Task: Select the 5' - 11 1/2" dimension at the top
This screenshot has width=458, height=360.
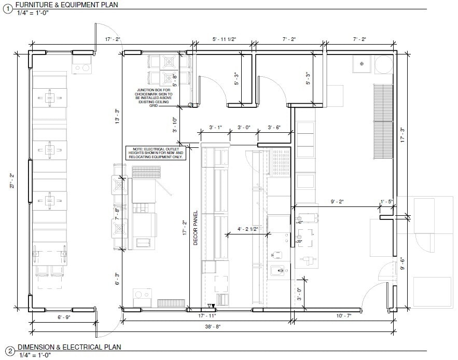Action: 224,39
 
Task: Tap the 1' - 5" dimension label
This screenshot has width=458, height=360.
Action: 387,201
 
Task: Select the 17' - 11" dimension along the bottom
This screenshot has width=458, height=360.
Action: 207,315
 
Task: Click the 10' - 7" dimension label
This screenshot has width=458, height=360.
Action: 343,315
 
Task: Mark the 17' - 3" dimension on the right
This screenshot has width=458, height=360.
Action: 402,135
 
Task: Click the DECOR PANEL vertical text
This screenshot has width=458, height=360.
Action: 196,228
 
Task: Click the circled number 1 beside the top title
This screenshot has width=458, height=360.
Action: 7,7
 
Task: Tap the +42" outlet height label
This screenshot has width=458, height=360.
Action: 299,221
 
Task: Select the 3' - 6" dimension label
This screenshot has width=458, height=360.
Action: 274,127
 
